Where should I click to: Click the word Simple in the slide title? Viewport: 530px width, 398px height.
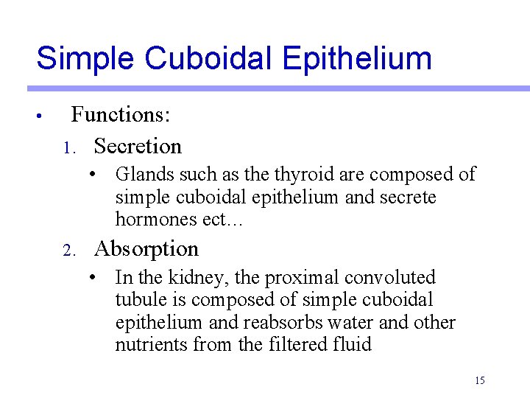(x=83, y=59)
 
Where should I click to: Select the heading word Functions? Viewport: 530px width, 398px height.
(x=121, y=115)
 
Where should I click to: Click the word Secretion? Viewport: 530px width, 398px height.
(x=138, y=146)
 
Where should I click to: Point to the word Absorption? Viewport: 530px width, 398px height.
(x=146, y=249)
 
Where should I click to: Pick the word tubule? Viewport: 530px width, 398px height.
(x=138, y=300)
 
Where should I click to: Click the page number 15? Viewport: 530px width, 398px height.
(x=480, y=380)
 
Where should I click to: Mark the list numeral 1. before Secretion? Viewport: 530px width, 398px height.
(x=68, y=148)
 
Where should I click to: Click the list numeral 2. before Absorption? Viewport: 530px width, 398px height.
(x=68, y=251)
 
